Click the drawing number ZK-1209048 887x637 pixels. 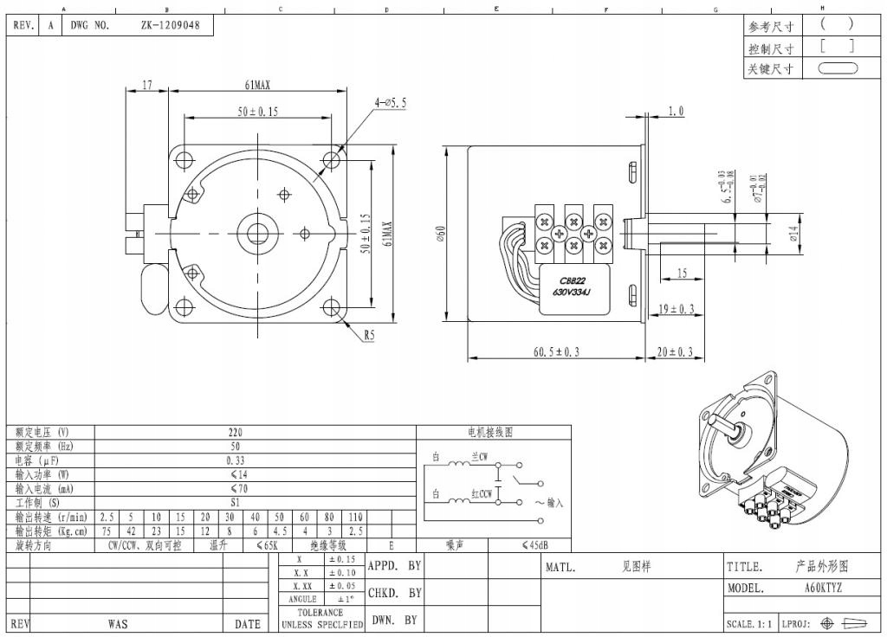(x=170, y=25)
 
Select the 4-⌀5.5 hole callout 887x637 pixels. (x=391, y=102)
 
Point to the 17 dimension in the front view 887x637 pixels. (x=147, y=85)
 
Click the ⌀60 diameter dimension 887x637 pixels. (x=440, y=233)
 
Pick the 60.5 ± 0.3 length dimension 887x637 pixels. (x=555, y=351)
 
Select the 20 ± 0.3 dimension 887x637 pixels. (x=676, y=351)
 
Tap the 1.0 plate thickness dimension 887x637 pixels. (x=676, y=111)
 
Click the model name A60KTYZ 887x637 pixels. (x=823, y=588)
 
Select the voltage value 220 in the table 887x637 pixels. (x=235, y=432)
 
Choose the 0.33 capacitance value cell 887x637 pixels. (x=235, y=460)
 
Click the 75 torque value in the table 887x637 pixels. (x=107, y=531)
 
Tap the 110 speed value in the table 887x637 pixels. (x=355, y=517)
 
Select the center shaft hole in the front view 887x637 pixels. (x=258, y=232)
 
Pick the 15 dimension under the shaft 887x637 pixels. (x=682, y=273)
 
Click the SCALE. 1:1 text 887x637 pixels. (x=750, y=624)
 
